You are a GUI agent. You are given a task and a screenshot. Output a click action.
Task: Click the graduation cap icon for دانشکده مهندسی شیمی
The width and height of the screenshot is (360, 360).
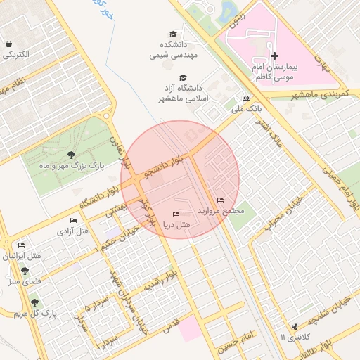(x=173, y=34)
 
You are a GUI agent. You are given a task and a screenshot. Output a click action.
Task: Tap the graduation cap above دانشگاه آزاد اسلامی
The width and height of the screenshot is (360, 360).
(x=184, y=77)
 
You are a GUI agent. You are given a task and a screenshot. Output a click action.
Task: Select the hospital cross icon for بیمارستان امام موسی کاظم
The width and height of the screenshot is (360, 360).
(x=274, y=56)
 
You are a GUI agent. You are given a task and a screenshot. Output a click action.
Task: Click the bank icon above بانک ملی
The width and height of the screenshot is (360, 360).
(x=246, y=98)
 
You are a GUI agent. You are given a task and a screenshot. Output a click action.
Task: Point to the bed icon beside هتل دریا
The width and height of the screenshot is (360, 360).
(x=176, y=213)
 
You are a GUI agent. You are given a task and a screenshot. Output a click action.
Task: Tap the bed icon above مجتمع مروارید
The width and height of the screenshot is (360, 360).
(x=221, y=200)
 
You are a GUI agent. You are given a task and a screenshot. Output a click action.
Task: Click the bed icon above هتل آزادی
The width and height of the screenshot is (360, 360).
(x=74, y=221)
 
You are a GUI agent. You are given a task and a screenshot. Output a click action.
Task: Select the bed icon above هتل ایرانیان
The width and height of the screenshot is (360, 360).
(x=21, y=245)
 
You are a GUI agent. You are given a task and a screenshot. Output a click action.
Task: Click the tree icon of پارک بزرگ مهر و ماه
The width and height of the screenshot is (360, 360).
(x=70, y=155)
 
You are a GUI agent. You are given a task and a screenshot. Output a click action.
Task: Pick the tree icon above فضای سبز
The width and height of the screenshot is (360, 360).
(x=25, y=271)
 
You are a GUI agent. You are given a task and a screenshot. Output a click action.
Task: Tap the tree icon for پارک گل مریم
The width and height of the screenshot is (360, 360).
(x=34, y=302)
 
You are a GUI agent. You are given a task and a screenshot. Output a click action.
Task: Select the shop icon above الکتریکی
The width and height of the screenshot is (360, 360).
(x=8, y=43)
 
